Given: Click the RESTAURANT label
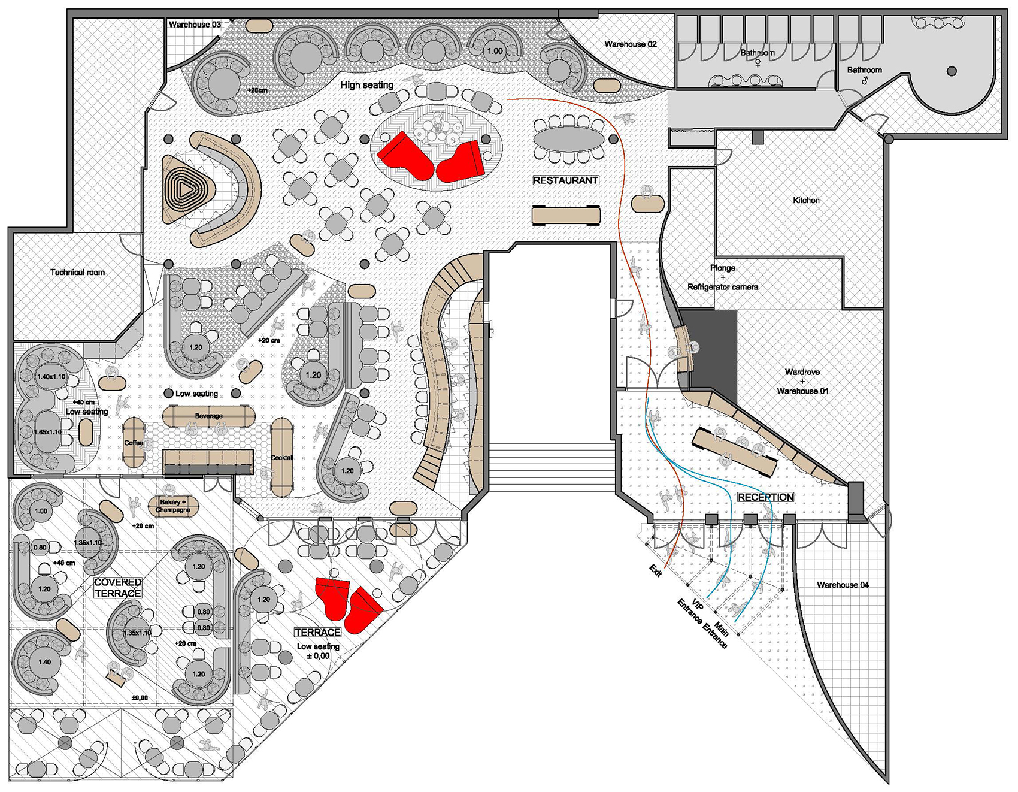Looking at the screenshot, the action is (x=566, y=180).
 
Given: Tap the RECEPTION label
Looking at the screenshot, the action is (x=765, y=497).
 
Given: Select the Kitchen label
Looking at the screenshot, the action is (x=806, y=200).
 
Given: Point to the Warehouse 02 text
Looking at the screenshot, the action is (x=631, y=44).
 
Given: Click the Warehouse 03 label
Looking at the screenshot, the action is (x=195, y=25).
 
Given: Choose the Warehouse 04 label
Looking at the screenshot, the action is (x=843, y=585).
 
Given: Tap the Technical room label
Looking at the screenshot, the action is (x=77, y=272).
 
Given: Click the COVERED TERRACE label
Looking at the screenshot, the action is (x=118, y=588).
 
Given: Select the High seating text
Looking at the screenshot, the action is (x=366, y=85).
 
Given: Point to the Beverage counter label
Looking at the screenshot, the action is (x=208, y=416).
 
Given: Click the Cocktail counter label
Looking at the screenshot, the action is (x=281, y=458).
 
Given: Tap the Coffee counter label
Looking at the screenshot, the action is (x=134, y=443).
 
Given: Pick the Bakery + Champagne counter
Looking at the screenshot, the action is (x=173, y=506).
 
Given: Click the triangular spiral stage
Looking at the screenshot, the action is (x=187, y=190).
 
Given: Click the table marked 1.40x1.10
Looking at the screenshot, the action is (x=51, y=377).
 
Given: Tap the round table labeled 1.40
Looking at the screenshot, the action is (x=44, y=662).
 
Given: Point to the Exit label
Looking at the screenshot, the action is (x=655, y=570).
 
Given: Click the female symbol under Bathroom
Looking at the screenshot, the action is (x=758, y=62).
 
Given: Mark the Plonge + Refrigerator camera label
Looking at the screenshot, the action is (x=723, y=277).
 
